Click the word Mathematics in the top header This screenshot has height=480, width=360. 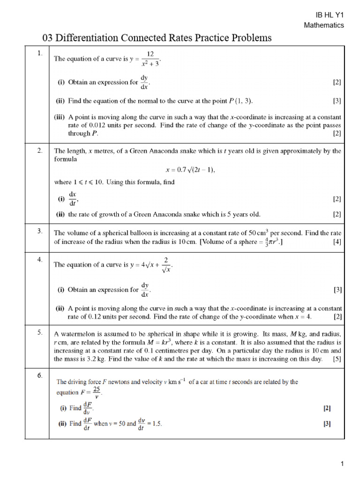(x=324, y=25)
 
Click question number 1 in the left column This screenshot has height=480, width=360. (x=39, y=54)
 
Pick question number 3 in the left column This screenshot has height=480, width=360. (x=40, y=231)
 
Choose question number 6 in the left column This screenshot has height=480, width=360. (x=40, y=375)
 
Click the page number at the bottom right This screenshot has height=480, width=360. (x=343, y=464)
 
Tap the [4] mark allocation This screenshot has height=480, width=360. (x=337, y=242)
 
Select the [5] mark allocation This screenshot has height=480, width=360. (x=337, y=359)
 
